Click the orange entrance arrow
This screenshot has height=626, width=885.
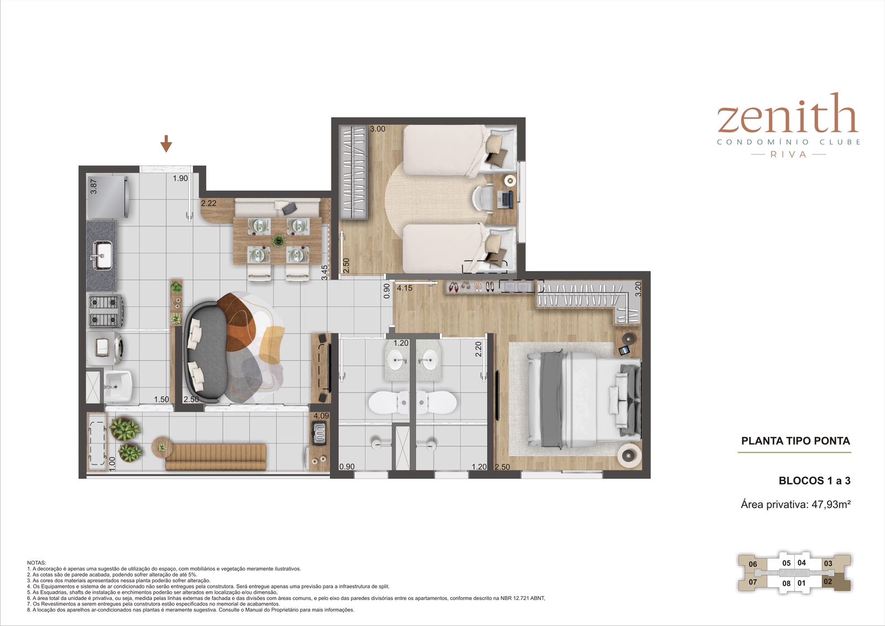click(166, 143)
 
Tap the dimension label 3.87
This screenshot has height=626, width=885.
click(93, 186)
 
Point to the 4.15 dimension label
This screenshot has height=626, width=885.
click(404, 288)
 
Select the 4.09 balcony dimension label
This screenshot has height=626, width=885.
click(321, 415)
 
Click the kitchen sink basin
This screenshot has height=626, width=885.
click(102, 255)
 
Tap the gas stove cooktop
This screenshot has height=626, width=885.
click(105, 311)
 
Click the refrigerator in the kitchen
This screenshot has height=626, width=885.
click(107, 197)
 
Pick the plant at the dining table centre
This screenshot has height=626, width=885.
click(279, 241)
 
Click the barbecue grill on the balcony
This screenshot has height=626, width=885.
click(319, 433)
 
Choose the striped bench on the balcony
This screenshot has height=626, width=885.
click(216, 457)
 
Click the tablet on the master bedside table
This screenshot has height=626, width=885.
click(624, 350)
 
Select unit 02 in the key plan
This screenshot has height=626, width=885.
click(828, 581)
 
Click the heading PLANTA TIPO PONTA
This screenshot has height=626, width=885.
click(796, 441)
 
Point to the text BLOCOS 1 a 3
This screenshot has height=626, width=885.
click(815, 481)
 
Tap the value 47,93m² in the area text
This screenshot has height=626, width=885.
click(831, 504)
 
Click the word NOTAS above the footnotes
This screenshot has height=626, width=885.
click(37, 563)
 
